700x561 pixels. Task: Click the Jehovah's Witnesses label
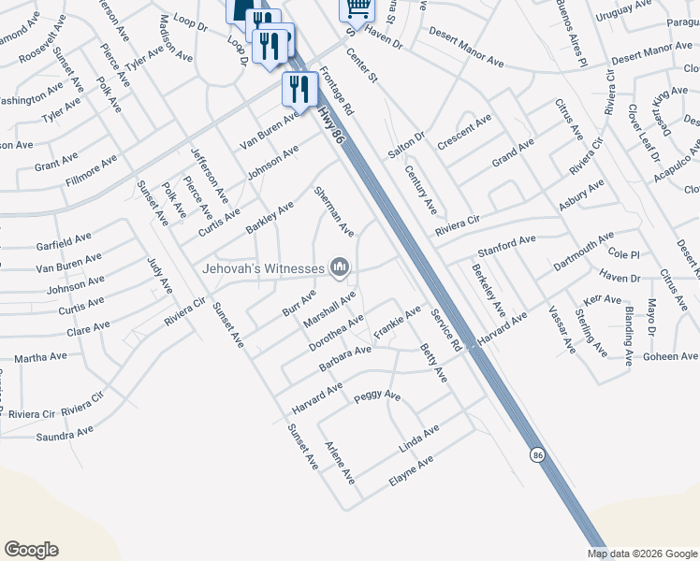(x=264, y=268)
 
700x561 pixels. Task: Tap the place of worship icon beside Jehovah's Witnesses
(x=340, y=268)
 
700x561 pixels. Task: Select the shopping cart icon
(x=357, y=7)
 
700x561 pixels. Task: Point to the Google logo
(x=31, y=550)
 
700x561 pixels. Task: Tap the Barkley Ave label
(x=270, y=218)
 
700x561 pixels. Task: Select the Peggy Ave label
(x=377, y=397)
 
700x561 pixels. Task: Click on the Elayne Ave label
(x=412, y=473)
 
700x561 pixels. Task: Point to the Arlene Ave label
(x=339, y=462)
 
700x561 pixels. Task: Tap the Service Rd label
(x=446, y=330)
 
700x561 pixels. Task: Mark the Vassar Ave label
(x=562, y=330)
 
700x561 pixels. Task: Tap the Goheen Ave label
(x=671, y=356)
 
